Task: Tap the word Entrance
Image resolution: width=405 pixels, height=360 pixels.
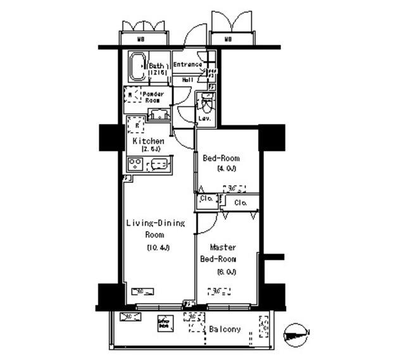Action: pos(187,65)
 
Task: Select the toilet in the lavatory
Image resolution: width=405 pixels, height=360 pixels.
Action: pos(205,102)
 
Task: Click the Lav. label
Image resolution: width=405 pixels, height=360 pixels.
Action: pos(204,118)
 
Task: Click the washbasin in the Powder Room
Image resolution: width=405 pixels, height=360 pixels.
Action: pos(158,115)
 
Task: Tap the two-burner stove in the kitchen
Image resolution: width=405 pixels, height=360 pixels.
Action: pos(135,164)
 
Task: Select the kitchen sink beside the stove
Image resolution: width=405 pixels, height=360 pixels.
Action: pos(159,165)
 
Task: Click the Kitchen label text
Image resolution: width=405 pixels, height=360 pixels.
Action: pos(148,140)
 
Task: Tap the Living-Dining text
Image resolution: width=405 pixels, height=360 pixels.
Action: pos(155,223)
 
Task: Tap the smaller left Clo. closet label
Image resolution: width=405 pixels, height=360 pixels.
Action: pos(206,199)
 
